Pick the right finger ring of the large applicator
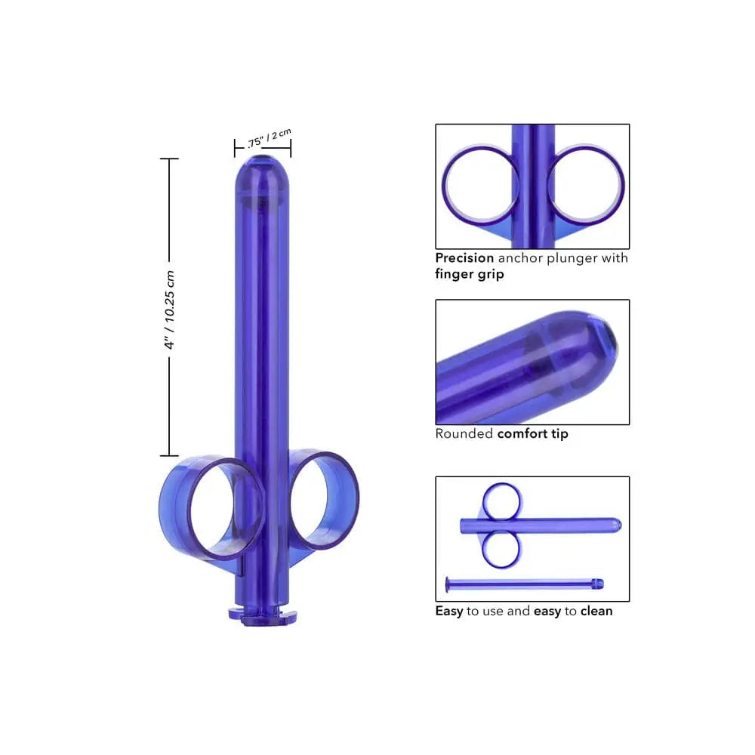[325, 499]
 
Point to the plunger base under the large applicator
[261, 612]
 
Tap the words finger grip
[470, 275]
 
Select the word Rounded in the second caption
[464, 434]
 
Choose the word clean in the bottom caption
[596, 611]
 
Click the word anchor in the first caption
[522, 258]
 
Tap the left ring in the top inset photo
[481, 186]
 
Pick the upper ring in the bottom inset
[502, 501]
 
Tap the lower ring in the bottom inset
[501, 549]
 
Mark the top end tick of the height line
[170, 159]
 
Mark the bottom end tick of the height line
[170, 455]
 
